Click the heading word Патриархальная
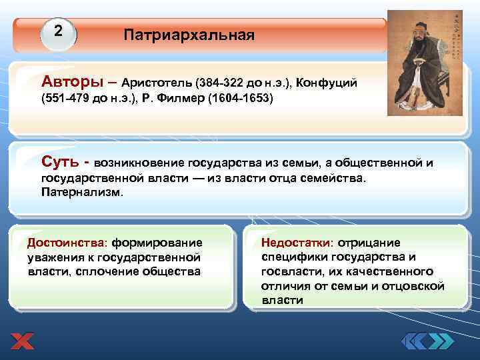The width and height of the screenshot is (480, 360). [x=189, y=35]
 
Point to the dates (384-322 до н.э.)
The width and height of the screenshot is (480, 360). [x=243, y=83]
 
